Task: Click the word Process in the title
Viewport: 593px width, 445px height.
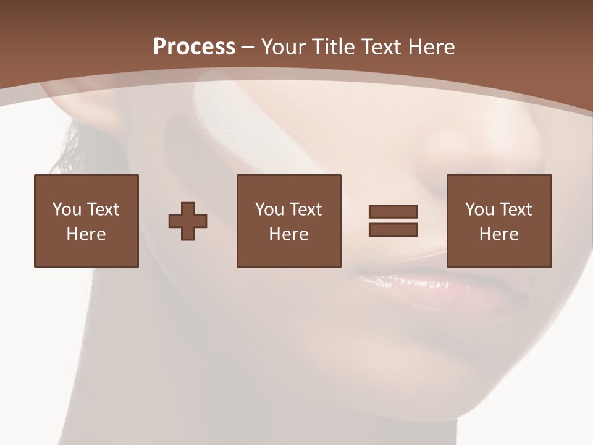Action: click(194, 46)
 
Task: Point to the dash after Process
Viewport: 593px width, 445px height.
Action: click(248, 47)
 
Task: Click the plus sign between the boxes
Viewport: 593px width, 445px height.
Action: click(188, 221)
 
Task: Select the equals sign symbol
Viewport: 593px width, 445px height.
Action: click(393, 221)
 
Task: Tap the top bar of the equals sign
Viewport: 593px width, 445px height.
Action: click(393, 212)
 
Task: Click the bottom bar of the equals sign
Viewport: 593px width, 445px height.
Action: click(393, 229)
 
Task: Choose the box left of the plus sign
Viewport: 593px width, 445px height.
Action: click(86, 221)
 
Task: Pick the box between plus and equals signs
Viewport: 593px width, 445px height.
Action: click(288, 221)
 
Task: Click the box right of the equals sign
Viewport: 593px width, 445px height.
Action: click(498, 221)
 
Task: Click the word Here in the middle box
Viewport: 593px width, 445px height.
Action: click(288, 234)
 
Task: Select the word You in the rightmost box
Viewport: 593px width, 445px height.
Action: click(479, 210)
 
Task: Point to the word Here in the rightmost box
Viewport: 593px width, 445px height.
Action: click(498, 234)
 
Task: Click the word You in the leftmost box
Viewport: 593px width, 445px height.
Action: click(67, 210)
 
